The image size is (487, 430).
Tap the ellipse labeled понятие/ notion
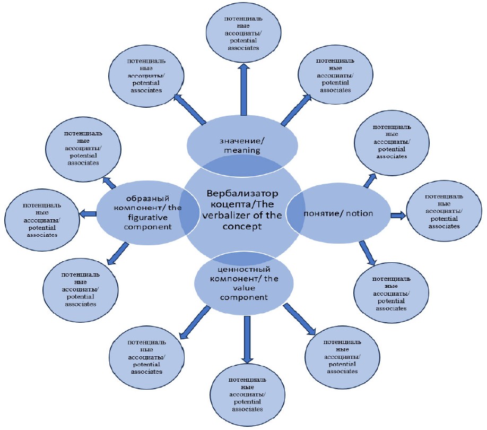(x=338, y=213)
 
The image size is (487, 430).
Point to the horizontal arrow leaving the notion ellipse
(x=398, y=215)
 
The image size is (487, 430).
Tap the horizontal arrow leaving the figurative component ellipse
(x=88, y=213)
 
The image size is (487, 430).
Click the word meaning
(x=241, y=150)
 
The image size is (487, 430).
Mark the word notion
(x=359, y=213)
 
